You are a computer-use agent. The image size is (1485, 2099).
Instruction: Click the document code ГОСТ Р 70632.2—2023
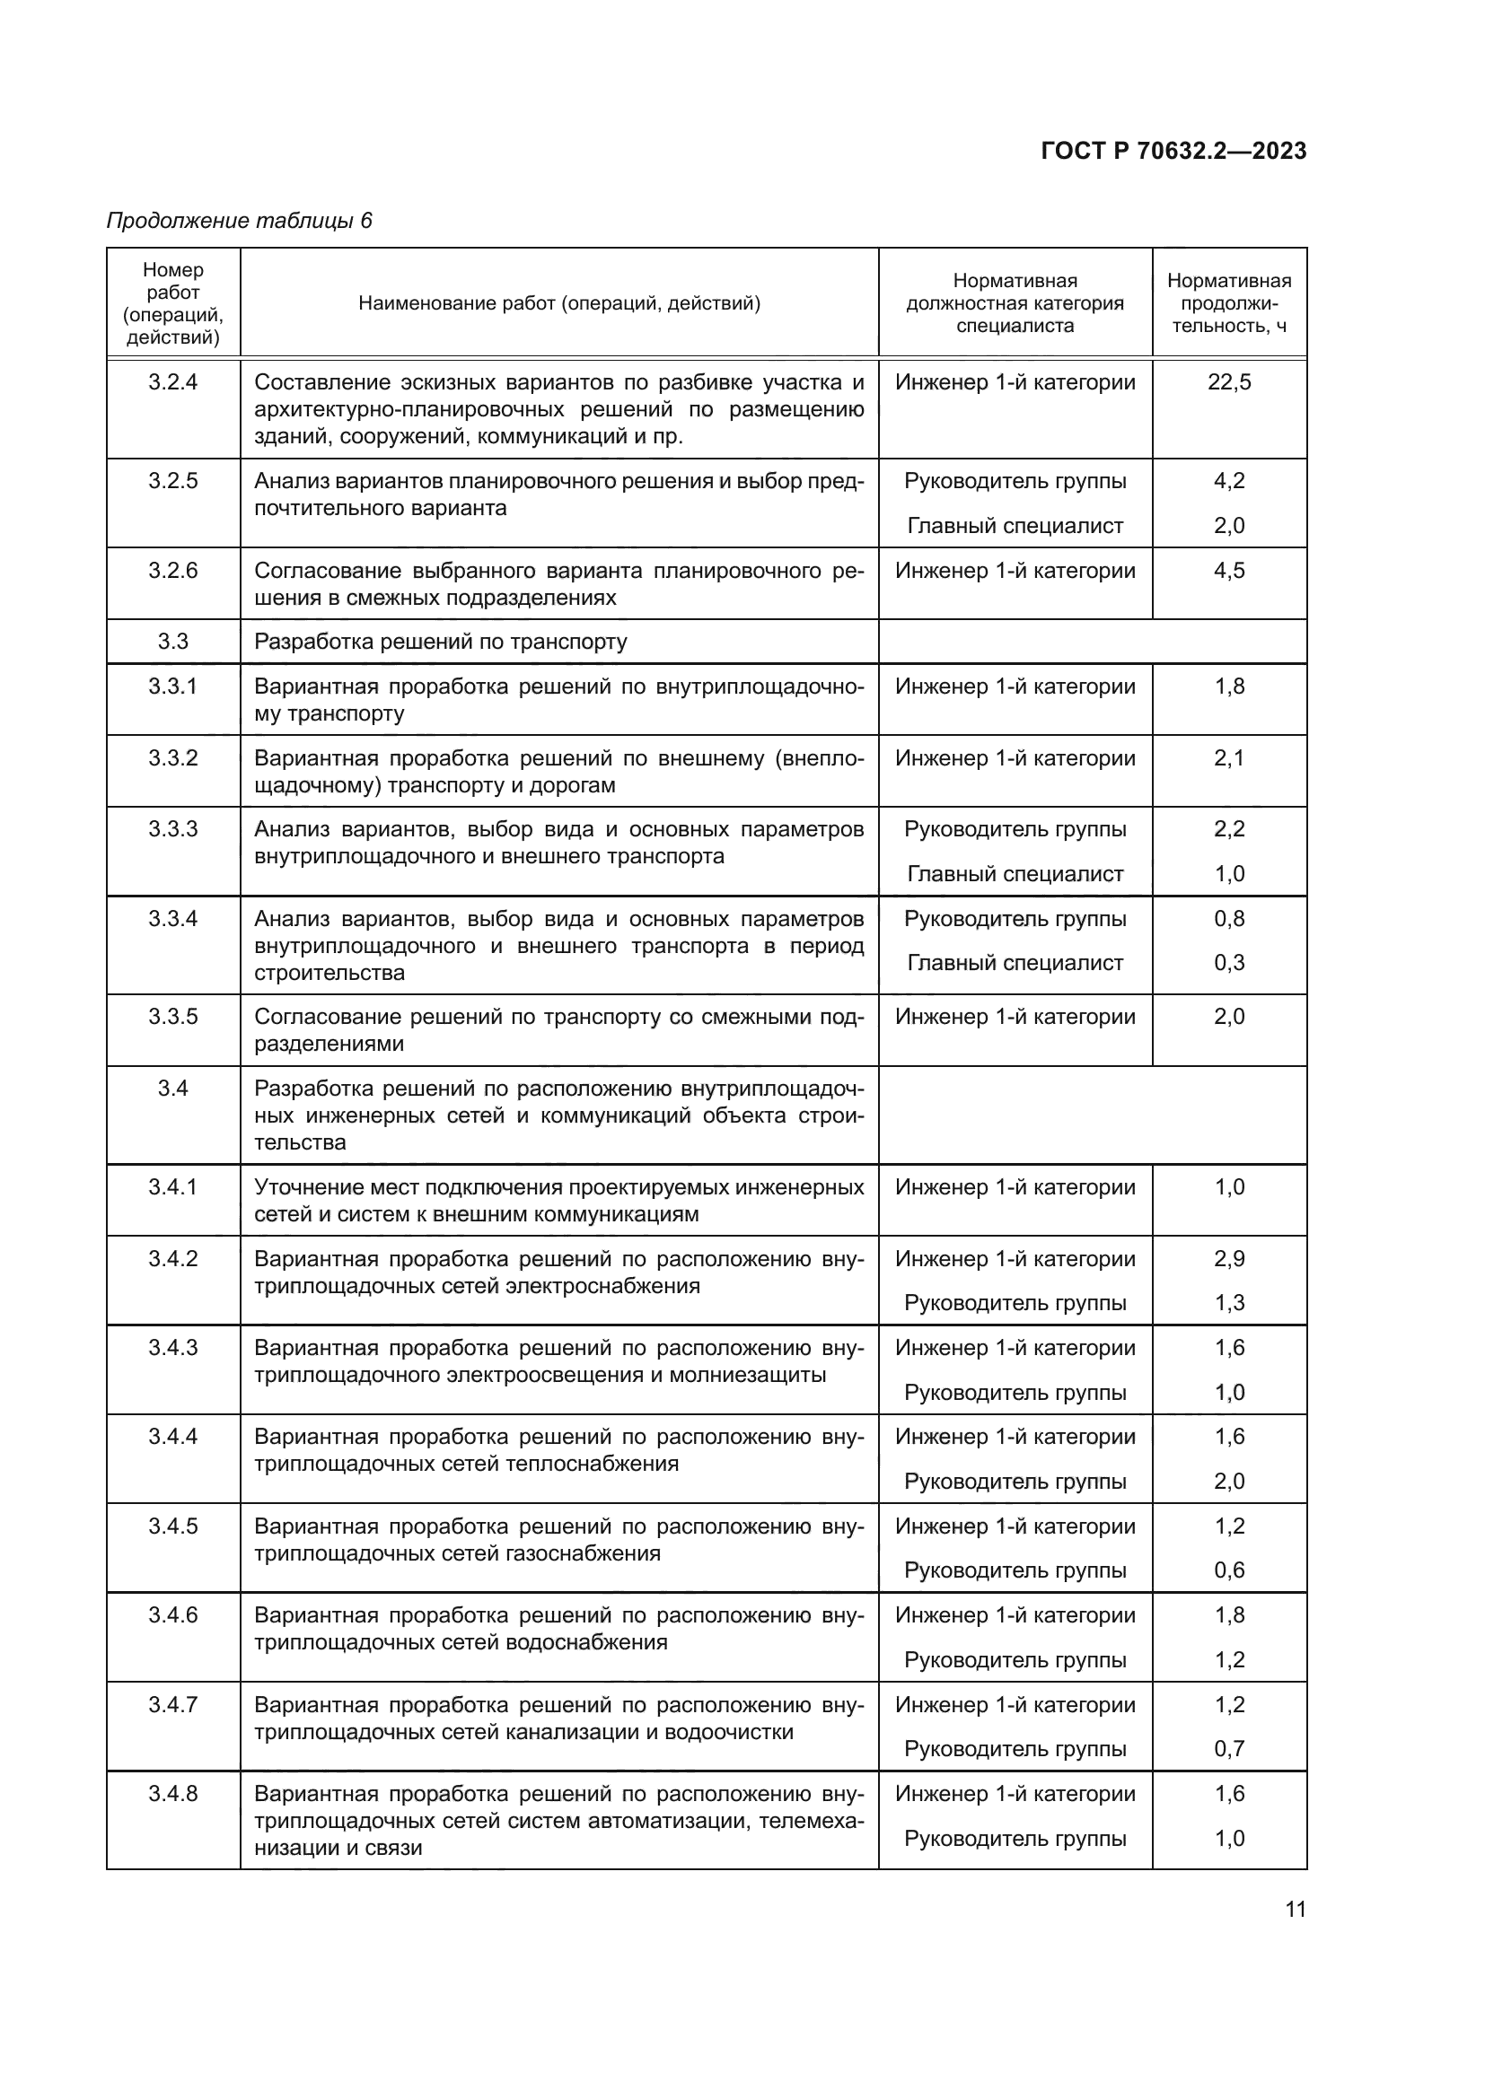(x=1173, y=152)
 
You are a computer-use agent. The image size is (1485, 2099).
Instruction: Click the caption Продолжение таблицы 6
(x=240, y=221)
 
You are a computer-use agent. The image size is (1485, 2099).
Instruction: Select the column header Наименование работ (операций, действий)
(x=558, y=302)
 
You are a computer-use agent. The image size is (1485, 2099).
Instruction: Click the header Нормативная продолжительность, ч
(x=1229, y=302)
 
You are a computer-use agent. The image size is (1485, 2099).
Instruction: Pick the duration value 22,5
(x=1229, y=382)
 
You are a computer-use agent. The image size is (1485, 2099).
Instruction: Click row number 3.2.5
(x=172, y=481)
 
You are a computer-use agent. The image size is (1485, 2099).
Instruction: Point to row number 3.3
(x=172, y=642)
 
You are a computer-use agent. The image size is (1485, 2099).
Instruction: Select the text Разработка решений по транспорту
(x=441, y=642)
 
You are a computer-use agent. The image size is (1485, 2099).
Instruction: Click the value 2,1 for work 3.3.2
(x=1229, y=759)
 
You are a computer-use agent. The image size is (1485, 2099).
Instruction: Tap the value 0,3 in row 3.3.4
(x=1229, y=963)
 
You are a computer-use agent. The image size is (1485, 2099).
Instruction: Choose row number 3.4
(x=172, y=1088)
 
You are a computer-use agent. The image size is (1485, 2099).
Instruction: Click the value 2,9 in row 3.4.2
(x=1229, y=1259)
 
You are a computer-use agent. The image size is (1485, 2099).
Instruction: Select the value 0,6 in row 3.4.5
(x=1229, y=1570)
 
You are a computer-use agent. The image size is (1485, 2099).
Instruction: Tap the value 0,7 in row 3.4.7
(x=1229, y=1749)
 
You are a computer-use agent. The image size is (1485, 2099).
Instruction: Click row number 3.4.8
(x=172, y=1794)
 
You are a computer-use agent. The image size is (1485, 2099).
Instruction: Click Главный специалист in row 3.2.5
(x=1015, y=526)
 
